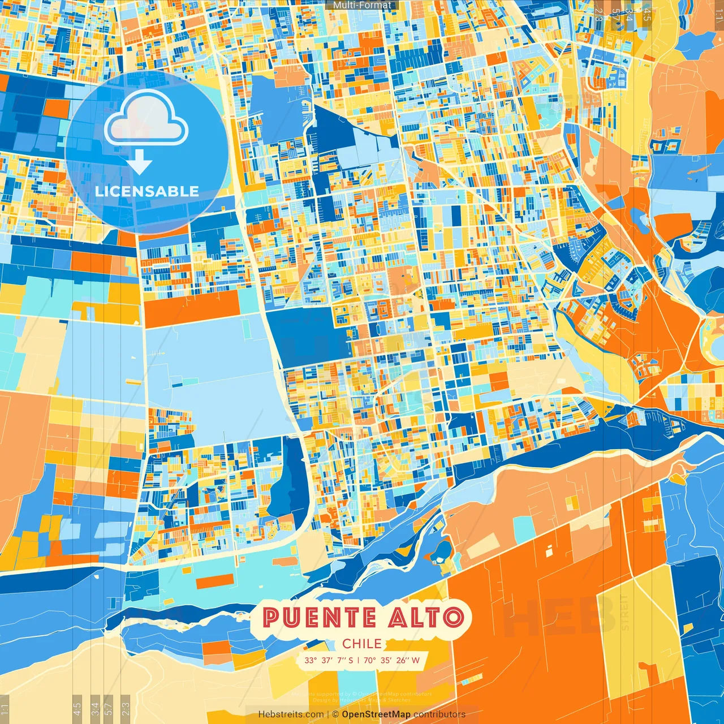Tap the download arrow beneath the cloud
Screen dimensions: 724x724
[140, 165]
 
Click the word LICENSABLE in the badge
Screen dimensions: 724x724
[147, 191]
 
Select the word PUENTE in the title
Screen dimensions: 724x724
[321, 617]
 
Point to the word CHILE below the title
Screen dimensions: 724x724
[362, 644]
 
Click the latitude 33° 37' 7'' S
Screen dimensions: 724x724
[328, 660]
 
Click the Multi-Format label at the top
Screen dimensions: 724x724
[362, 5]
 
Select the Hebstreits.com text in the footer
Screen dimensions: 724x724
[291, 714]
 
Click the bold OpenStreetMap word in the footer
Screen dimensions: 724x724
[376, 714]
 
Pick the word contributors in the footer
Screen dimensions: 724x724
[439, 714]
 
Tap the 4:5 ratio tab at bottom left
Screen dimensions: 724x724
[77, 708]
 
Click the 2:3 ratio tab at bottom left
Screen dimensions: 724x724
[126, 708]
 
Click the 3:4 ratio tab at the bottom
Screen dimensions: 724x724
[94, 708]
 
